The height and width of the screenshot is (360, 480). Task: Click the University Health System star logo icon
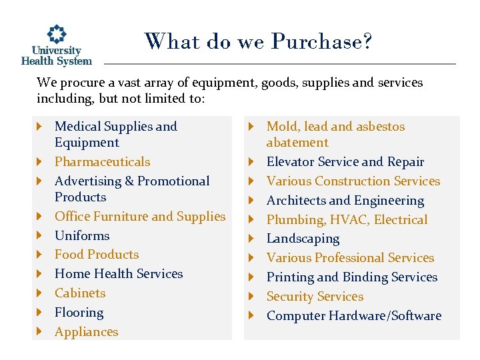[x=56, y=35]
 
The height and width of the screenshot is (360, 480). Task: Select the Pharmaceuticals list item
[x=102, y=162]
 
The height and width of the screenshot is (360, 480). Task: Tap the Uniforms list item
[x=82, y=235]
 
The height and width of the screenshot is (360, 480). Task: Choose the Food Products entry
[x=97, y=255]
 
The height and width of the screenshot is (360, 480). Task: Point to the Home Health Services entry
[x=119, y=274]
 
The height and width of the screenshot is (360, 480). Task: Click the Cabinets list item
[x=80, y=293]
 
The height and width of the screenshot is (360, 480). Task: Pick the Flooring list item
[x=79, y=313]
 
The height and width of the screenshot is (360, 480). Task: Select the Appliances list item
[x=86, y=332]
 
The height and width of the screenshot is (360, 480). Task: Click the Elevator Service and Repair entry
[x=345, y=162]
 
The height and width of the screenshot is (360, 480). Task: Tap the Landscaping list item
[x=303, y=239]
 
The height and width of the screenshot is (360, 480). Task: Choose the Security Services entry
[x=315, y=297]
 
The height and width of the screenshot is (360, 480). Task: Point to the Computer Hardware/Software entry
[x=353, y=316]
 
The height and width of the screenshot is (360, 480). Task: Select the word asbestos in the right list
[x=380, y=127]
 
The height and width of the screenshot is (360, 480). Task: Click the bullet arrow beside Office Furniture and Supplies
[x=40, y=217]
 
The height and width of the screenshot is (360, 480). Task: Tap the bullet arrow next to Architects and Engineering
[x=252, y=201]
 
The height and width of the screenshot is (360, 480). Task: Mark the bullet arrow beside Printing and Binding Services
[x=252, y=277]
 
